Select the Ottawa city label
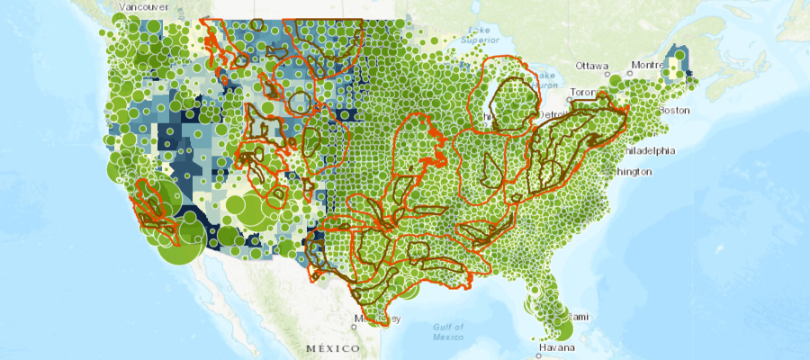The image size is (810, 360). [x=593, y=66]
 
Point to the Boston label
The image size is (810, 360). [x=674, y=110]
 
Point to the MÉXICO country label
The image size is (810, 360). [x=332, y=347]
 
